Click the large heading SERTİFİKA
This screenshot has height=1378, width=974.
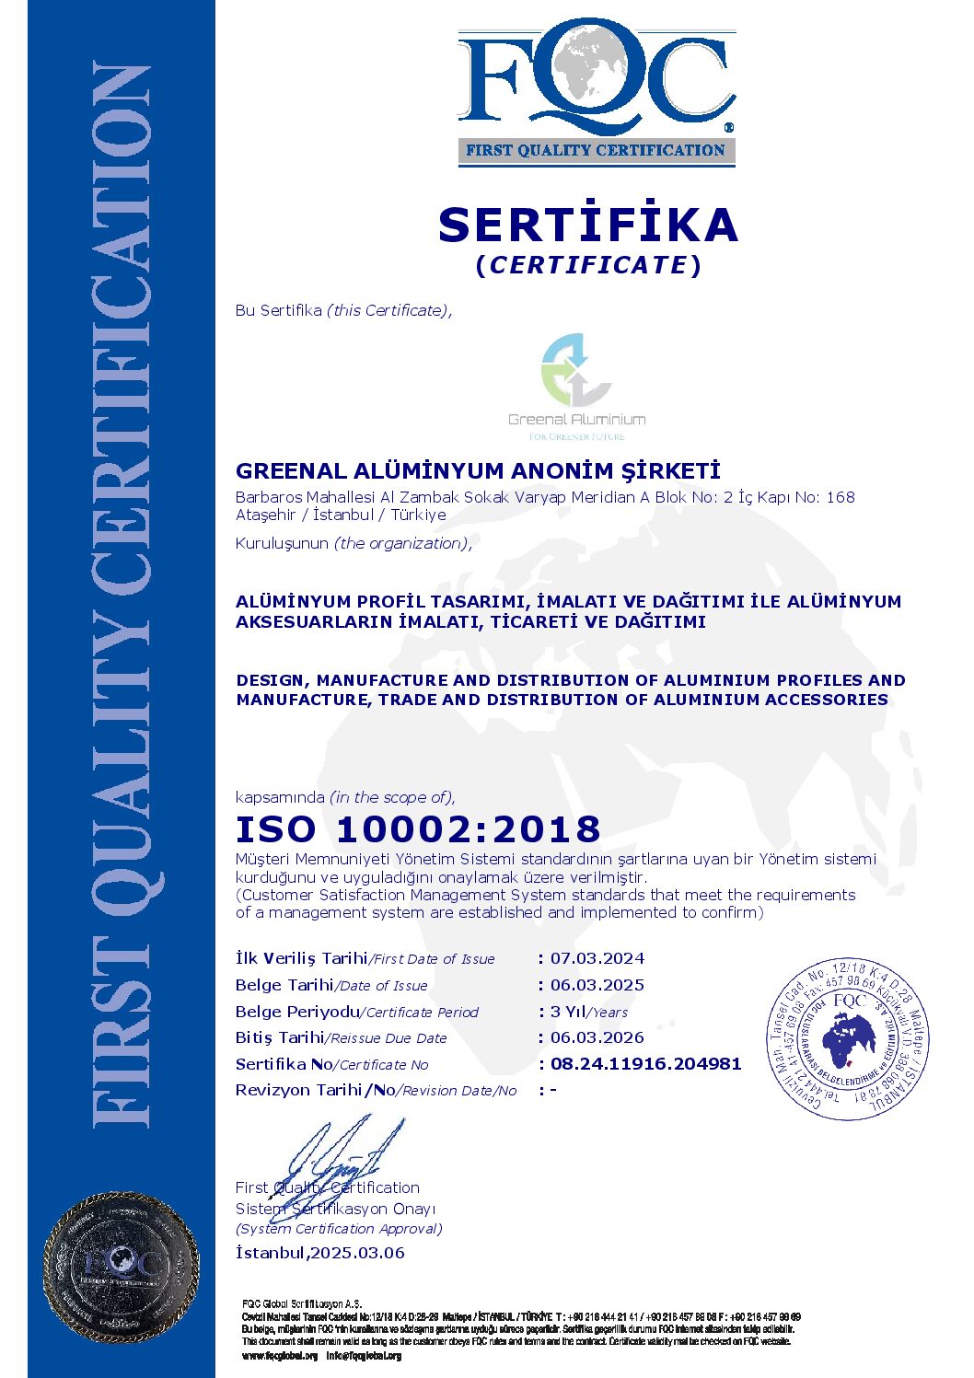[x=588, y=226]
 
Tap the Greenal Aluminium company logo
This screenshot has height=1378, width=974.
[x=576, y=386]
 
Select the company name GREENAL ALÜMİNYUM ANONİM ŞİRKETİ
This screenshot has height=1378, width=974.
[x=478, y=471]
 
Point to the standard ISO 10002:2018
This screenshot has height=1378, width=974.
[x=418, y=828]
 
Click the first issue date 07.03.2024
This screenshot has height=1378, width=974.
[x=597, y=958]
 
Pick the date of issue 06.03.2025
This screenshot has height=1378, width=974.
[x=597, y=985]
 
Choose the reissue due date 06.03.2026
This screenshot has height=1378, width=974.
[x=597, y=1037]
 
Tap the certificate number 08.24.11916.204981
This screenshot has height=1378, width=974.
[x=645, y=1064]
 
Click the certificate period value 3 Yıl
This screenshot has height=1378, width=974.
[x=568, y=1012]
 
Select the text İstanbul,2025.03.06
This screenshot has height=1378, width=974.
[x=319, y=1253]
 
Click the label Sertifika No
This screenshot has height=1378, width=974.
[x=284, y=1064]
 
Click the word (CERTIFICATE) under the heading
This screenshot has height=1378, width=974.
[x=588, y=265]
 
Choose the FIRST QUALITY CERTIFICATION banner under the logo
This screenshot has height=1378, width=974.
[x=596, y=150]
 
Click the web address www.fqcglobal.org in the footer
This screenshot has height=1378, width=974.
[x=280, y=1356]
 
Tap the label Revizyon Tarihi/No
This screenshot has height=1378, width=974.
[x=315, y=1090]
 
